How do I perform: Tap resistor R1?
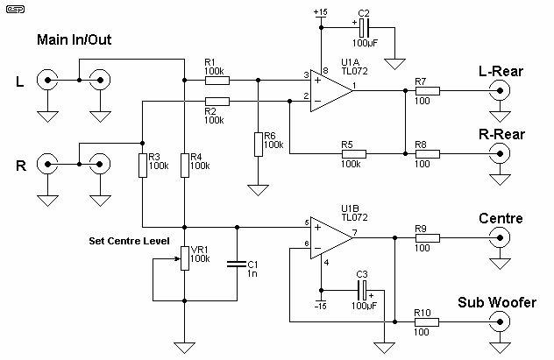217,80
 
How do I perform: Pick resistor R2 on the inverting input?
217,102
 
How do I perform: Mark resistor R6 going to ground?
258,144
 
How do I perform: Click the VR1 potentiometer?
183,259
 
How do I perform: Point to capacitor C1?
235,262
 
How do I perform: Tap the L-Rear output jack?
501,89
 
